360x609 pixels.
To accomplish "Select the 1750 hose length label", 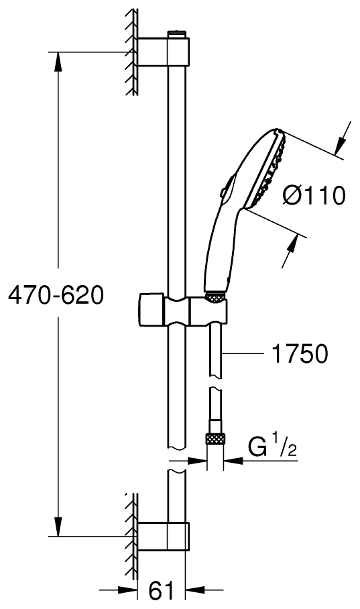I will click(300, 353).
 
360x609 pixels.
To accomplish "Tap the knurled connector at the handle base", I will click(216, 296).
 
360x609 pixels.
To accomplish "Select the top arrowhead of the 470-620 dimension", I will click(59, 60).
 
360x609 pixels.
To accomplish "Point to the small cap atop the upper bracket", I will click(176, 33).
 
